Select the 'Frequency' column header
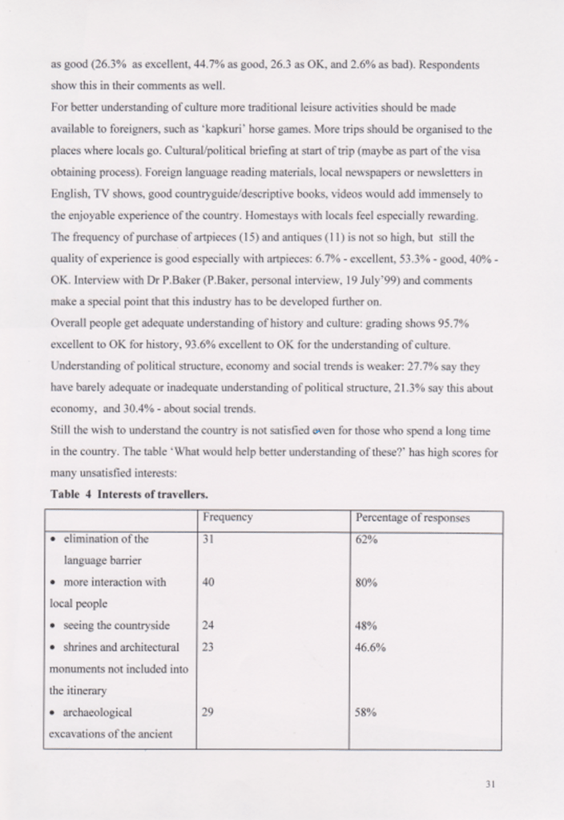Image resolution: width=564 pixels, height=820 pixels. click(228, 518)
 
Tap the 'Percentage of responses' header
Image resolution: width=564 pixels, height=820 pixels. click(413, 518)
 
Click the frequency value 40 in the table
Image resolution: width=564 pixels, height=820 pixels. click(208, 583)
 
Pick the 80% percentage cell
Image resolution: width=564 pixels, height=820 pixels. click(366, 583)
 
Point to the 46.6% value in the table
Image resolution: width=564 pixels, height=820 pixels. click(371, 647)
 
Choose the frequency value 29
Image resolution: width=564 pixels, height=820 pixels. click(208, 712)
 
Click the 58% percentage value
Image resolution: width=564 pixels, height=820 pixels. click(366, 712)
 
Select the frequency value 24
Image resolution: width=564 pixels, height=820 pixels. click(208, 625)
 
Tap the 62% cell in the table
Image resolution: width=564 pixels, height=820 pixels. click(366, 539)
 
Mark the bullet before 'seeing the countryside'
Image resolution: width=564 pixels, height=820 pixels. click(53, 626)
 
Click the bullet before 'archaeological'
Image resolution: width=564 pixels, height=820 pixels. click(53, 712)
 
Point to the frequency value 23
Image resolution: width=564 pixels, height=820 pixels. click(208, 647)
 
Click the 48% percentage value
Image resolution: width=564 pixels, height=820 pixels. click(366, 625)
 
